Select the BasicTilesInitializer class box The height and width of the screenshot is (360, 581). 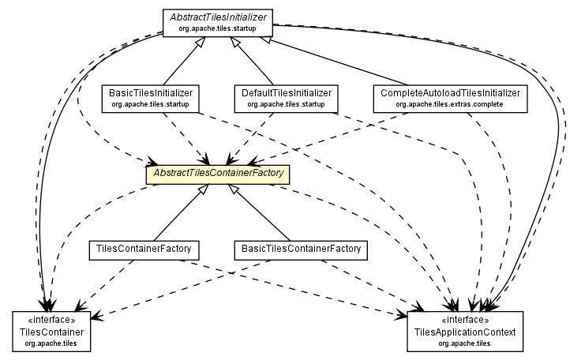(150, 98)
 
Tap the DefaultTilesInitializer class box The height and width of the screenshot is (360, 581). (287, 98)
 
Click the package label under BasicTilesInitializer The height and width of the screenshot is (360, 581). (150, 104)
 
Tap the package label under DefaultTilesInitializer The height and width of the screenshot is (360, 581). (287, 104)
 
